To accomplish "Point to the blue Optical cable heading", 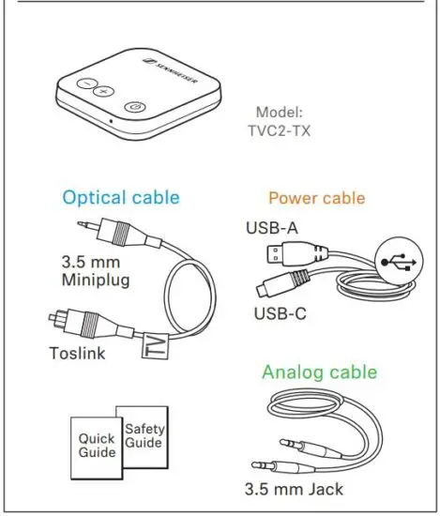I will pyautogui.click(x=120, y=198).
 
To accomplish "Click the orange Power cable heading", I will pyautogui.click(x=316, y=198).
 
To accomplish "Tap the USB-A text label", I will pyautogui.click(x=272, y=227).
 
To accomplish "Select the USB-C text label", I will pyautogui.click(x=280, y=311).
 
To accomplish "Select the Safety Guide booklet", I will pyautogui.click(x=144, y=435).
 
